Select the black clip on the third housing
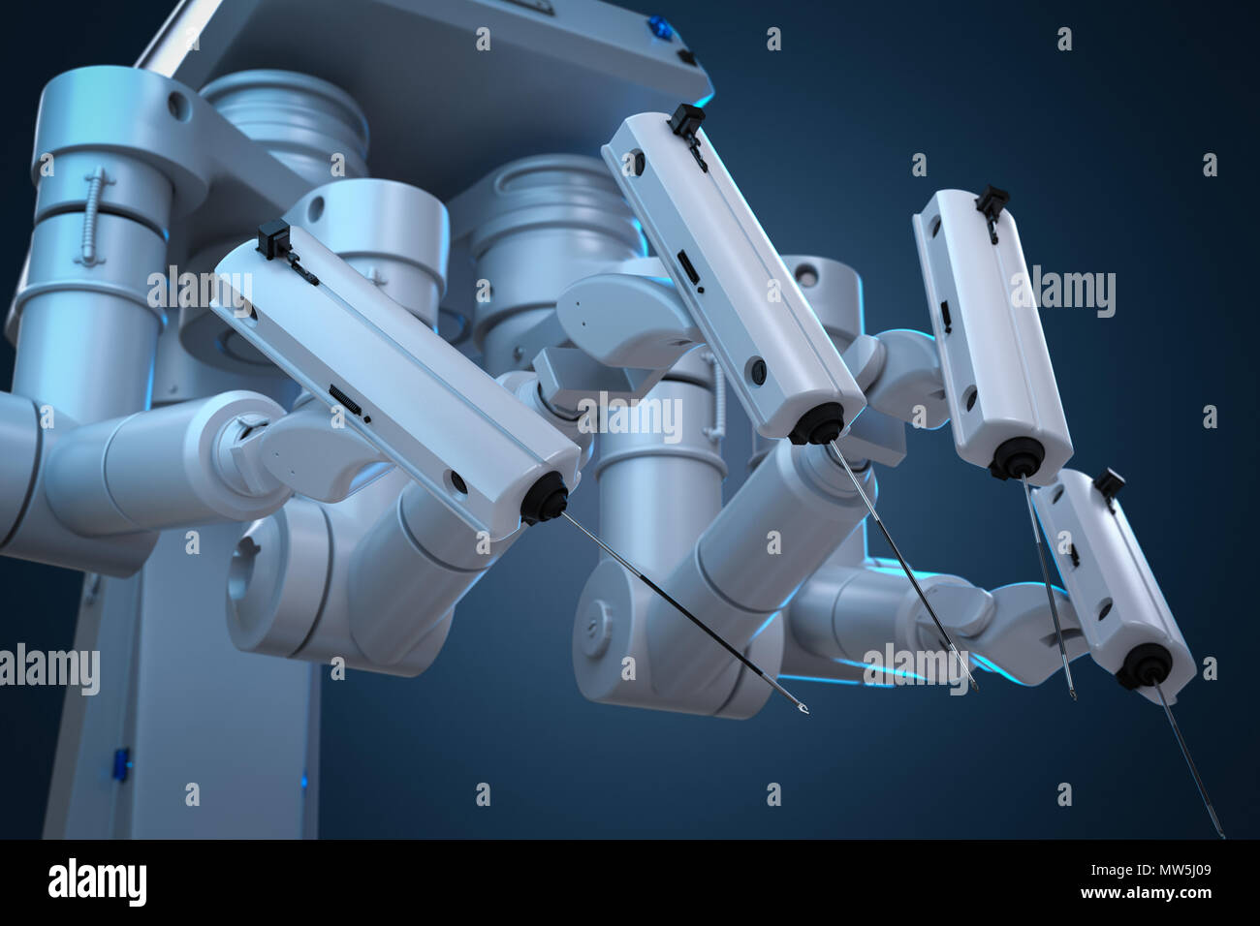point(991,201)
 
